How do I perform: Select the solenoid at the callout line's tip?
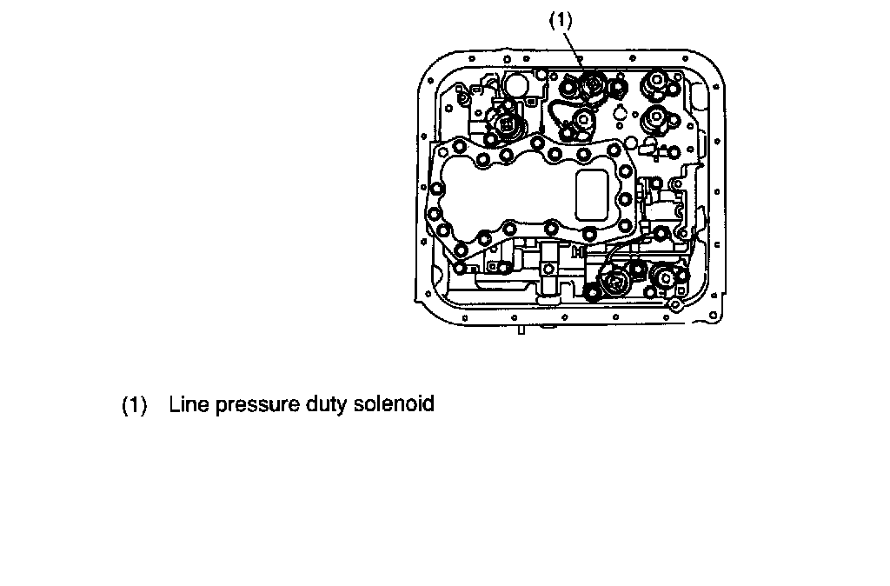594,87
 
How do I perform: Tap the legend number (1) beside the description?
134,405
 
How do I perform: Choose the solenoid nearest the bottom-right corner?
663,280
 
